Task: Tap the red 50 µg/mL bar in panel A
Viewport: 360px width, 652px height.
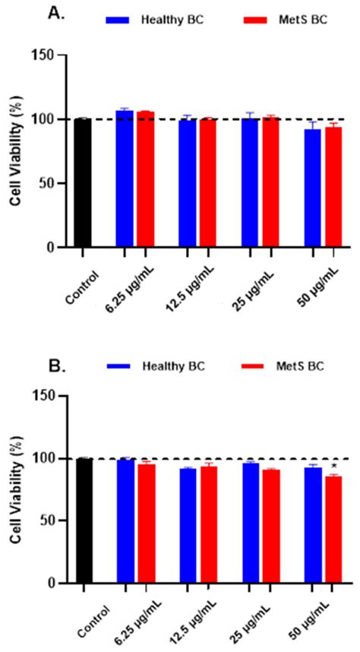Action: click(333, 187)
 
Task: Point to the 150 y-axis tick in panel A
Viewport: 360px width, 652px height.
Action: click(43, 55)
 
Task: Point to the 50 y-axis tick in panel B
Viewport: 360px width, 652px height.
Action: click(47, 521)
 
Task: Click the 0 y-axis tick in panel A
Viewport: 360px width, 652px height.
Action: click(52, 248)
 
